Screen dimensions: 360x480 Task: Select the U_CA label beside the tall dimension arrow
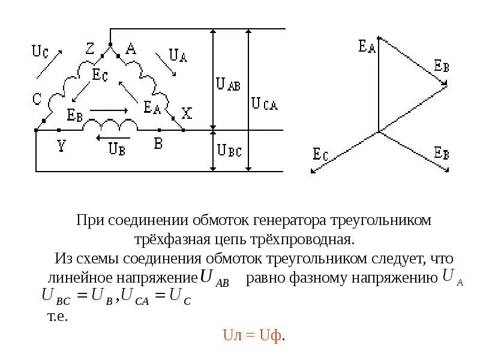point(264,103)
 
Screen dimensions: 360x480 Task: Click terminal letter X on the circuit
point(187,113)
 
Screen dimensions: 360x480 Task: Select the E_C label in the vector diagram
point(320,154)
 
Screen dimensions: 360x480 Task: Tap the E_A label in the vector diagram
point(367,46)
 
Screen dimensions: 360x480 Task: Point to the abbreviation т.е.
point(58,316)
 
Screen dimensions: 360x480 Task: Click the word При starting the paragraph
point(90,220)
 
